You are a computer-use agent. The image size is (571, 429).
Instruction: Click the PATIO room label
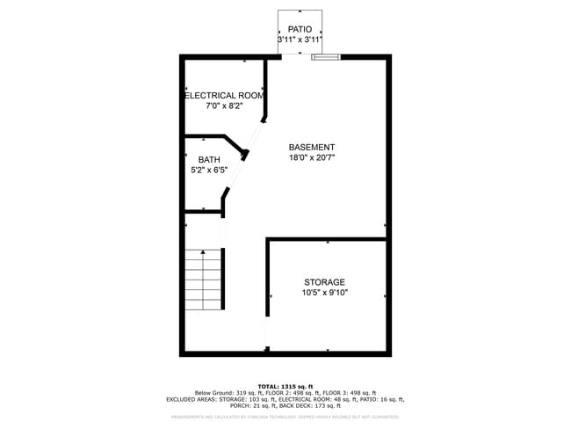coord(300,29)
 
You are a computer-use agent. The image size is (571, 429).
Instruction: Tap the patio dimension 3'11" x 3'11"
coord(300,40)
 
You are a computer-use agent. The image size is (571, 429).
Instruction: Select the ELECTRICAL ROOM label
coord(223,95)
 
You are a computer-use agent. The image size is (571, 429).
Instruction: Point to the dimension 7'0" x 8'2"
coord(223,105)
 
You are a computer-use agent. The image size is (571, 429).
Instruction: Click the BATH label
coord(209,159)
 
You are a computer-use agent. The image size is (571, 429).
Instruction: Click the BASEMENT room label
coord(312,147)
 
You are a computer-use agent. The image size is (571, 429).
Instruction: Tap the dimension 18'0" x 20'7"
coord(312,157)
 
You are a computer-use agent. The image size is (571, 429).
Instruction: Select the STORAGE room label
coord(325,282)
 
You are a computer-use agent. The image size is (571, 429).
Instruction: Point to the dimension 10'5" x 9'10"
coord(325,293)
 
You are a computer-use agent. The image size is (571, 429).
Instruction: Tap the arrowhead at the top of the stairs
coord(204,252)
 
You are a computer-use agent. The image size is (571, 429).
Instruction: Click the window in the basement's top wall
coord(326,57)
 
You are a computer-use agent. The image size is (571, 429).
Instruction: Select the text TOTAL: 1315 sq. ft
coord(285,386)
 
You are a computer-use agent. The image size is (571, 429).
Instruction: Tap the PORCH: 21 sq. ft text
coord(251,405)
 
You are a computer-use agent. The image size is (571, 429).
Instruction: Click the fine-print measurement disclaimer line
coord(285,417)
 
